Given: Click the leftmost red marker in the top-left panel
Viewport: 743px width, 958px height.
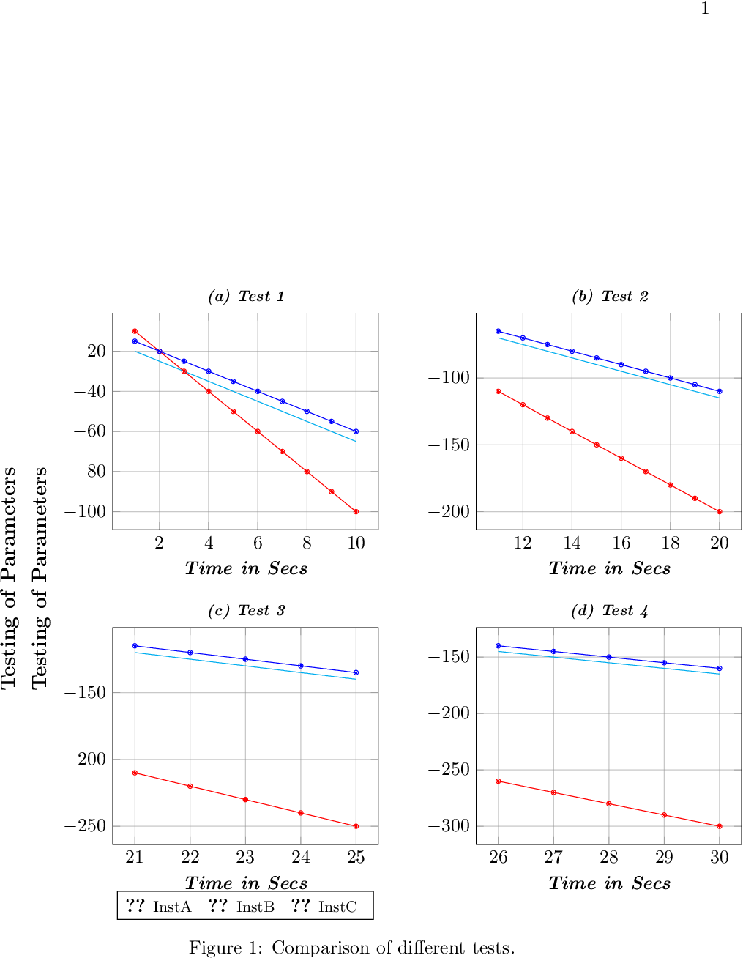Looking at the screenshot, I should pos(135,331).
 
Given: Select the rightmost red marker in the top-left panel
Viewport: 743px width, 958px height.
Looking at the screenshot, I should pos(356,512).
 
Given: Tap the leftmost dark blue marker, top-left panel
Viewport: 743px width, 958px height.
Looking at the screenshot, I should pos(135,341).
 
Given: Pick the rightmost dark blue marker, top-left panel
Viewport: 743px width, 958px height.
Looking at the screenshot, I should pos(356,431).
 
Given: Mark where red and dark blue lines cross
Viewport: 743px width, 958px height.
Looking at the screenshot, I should pos(160,352).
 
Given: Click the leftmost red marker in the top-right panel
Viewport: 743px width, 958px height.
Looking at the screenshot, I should pos(499,391).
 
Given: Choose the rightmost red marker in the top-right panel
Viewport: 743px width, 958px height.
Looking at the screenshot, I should pos(720,511).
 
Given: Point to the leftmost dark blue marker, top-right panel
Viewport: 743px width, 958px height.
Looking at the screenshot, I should pos(499,331).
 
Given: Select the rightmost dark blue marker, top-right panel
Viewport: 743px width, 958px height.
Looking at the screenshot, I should pos(720,391).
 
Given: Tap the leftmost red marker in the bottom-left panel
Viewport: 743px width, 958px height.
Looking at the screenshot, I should pos(135,773).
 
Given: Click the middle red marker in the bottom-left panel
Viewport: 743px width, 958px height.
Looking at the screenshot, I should pos(245,800).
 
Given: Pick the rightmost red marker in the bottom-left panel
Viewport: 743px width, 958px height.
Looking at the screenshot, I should pos(356,826).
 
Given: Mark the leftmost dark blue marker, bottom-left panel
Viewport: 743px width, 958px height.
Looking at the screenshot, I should pos(135,646).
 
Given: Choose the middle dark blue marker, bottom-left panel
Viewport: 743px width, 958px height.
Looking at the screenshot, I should pos(245,659).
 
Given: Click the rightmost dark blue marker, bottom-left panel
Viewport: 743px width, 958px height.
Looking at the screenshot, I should pos(356,672).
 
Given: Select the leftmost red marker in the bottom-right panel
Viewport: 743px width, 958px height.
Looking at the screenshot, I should pos(499,781).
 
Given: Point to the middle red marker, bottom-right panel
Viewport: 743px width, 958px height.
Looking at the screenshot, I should pos(609,803).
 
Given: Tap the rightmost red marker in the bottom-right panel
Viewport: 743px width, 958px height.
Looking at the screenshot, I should pos(720,826).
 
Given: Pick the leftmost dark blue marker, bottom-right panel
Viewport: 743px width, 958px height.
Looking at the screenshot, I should pos(499,646).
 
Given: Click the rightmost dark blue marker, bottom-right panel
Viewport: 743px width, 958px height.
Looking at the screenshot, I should pos(720,669).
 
